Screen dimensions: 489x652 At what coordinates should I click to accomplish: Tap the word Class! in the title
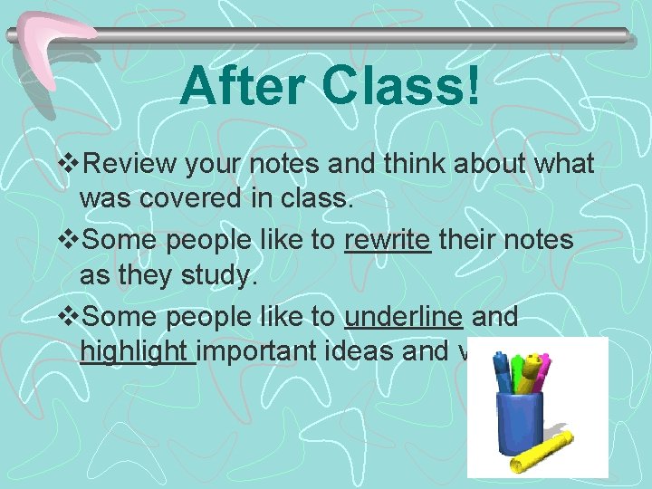click(x=401, y=87)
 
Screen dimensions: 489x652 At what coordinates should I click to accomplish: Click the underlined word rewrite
click(x=388, y=240)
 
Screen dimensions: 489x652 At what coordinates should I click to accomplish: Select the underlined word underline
click(x=405, y=316)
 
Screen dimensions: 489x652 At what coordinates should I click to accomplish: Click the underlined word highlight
click(x=137, y=351)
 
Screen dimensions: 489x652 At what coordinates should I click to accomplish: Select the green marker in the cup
click(x=519, y=371)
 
